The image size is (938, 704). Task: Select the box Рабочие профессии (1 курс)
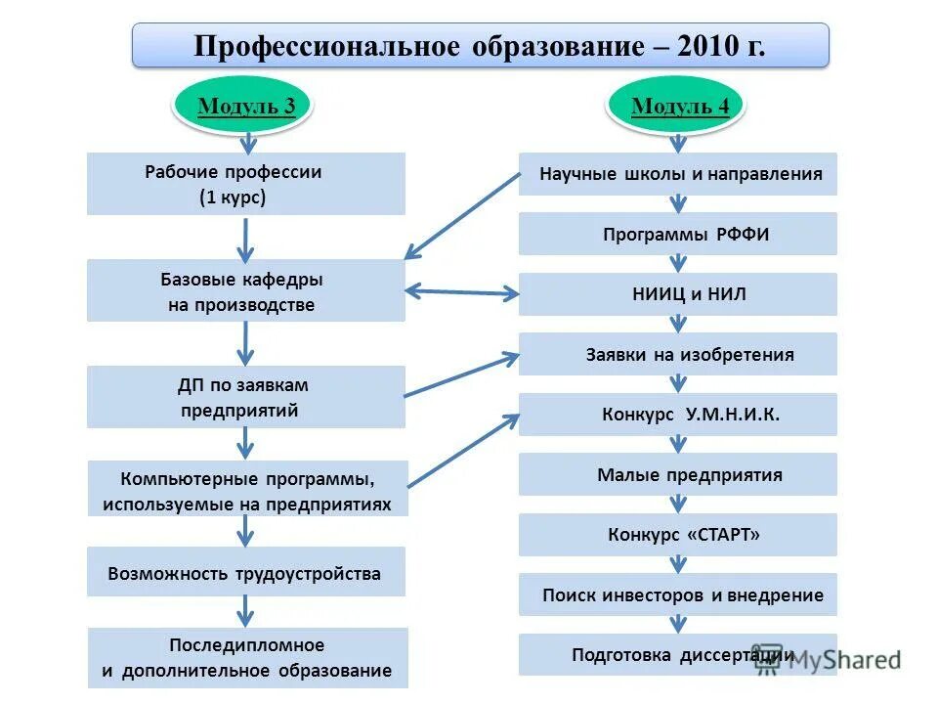click(245, 184)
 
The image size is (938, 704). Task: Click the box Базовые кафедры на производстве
click(245, 290)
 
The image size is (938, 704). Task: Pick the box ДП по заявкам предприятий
click(245, 397)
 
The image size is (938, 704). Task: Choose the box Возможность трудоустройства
click(245, 573)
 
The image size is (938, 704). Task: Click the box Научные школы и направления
click(678, 174)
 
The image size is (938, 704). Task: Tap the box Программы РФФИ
click(678, 235)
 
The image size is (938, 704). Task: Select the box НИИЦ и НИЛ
click(678, 294)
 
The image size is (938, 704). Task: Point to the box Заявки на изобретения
click(678, 354)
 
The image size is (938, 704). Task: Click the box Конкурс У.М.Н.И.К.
click(678, 415)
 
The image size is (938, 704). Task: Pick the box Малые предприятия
click(678, 475)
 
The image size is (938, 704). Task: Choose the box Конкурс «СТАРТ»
click(678, 535)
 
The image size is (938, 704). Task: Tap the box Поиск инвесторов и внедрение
click(678, 594)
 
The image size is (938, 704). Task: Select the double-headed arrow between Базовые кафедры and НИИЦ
click(461, 291)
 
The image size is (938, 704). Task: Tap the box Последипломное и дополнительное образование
click(247, 658)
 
